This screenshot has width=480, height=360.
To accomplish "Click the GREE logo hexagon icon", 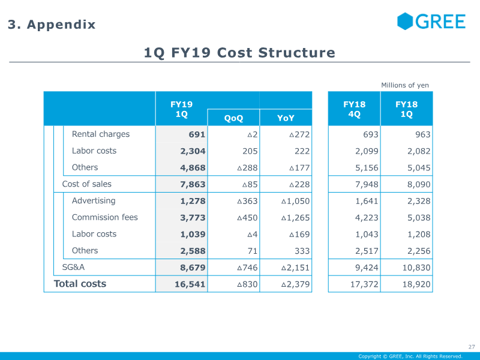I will point(406,22).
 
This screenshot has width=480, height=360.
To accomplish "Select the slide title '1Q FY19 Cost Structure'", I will point(239,53).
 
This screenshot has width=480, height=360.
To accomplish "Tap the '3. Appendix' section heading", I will point(52,25).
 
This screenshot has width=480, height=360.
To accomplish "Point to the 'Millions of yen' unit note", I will point(405,85).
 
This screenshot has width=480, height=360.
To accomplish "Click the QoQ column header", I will point(233,118).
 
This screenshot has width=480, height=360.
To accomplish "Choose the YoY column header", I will point(286,118).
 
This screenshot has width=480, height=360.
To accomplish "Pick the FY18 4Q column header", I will point(354,109).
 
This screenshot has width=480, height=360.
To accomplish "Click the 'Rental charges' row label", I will point(100,134).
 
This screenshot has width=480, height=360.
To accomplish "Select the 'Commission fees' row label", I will point(104,217).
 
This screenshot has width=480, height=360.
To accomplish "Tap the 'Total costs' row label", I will point(80,284).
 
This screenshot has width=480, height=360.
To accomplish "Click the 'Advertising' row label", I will point(94,201).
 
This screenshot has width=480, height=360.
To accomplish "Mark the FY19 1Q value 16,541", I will point(190,284).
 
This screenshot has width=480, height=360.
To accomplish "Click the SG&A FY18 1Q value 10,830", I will point(416,268).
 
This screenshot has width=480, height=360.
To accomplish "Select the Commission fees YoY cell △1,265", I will point(295,218).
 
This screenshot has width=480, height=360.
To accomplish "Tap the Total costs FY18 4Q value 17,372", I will point(364,284).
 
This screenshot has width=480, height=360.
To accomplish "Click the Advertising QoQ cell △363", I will point(247,201).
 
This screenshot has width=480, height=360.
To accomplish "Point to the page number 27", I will point(471,347).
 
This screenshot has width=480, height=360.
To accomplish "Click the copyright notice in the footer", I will point(410,356).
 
